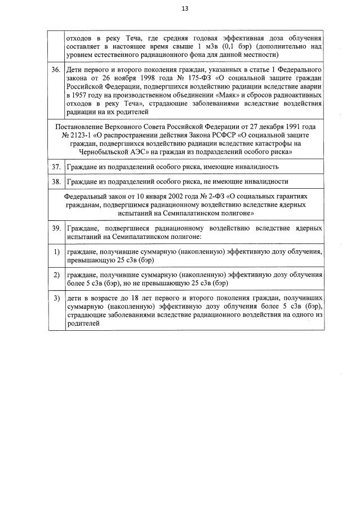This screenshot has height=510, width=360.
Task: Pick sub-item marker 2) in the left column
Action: (56, 275)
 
